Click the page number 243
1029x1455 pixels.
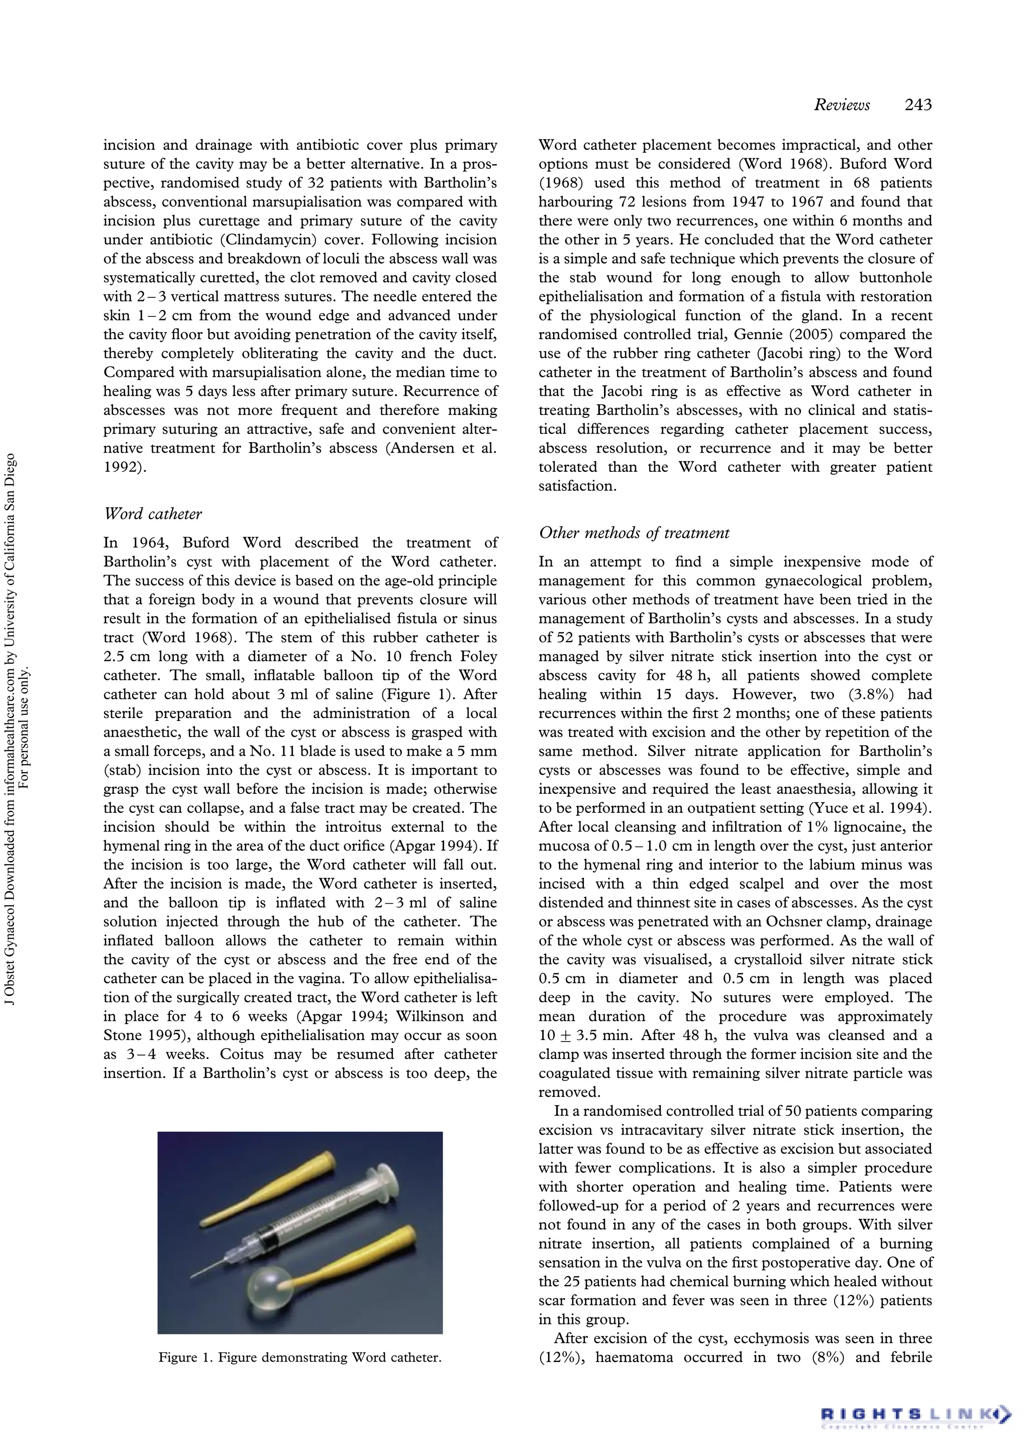pos(918,105)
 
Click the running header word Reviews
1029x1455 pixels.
pos(842,105)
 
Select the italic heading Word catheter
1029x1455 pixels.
pos(153,513)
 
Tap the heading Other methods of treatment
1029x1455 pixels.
pos(634,533)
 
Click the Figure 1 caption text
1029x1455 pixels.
pos(299,1358)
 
